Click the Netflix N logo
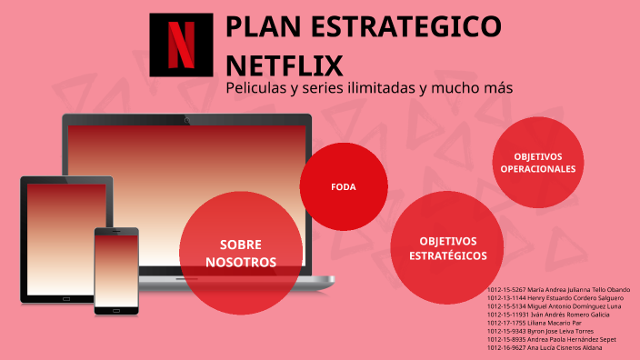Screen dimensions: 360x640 (x=181, y=45)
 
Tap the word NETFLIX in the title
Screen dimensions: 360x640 (x=284, y=66)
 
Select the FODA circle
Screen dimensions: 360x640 (x=344, y=186)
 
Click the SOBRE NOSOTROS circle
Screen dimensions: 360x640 (x=241, y=253)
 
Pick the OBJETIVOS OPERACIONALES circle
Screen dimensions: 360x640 (x=538, y=163)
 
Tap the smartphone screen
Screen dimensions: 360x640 (x=116, y=268)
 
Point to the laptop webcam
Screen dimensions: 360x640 (x=187, y=119)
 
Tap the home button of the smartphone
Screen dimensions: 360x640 (x=116, y=309)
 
